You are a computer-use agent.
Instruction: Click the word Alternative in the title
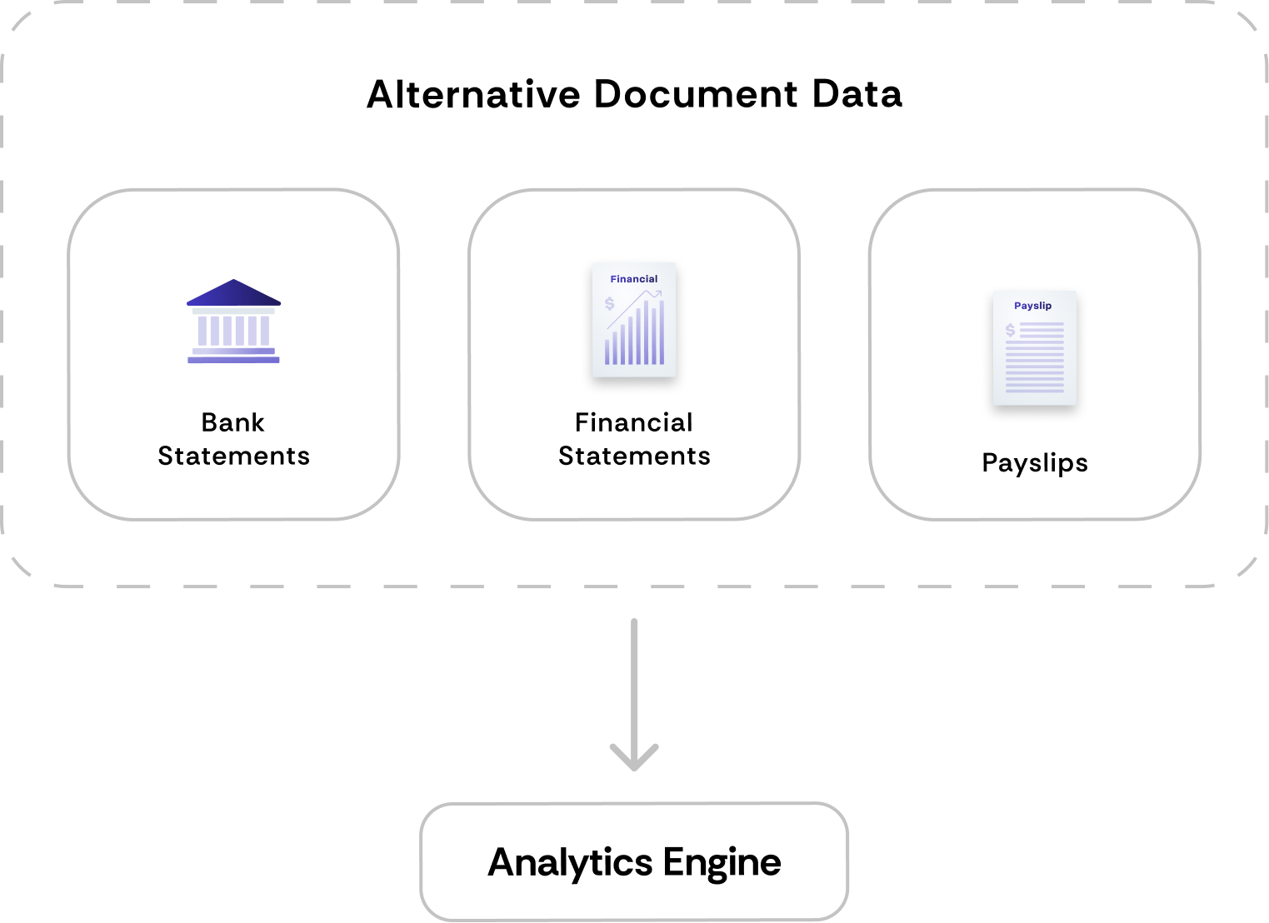472,94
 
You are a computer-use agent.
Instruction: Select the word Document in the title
696,94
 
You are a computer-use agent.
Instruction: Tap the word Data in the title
857,94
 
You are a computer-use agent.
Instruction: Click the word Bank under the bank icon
233,422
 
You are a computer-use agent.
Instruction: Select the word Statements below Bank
233,456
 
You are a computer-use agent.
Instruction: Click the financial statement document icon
634,320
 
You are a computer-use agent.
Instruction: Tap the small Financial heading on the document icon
634,279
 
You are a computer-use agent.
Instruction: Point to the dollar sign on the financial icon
610,303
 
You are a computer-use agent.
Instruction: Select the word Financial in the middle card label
634,422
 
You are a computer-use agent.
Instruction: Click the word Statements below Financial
634,456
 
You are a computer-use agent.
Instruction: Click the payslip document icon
1035,348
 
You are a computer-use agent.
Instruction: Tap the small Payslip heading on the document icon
1033,306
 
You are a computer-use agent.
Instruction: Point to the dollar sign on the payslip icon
1011,330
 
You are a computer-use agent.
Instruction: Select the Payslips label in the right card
1035,462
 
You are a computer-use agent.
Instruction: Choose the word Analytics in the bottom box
570,862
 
